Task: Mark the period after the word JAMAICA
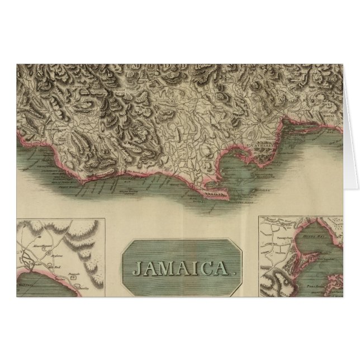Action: [x=229, y=274]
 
